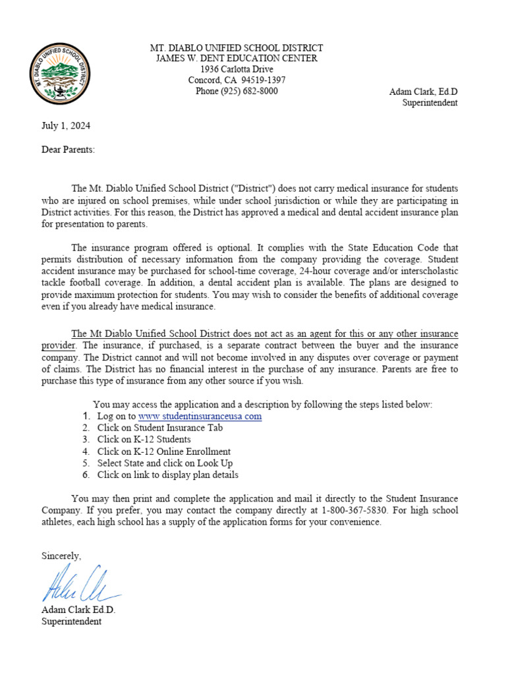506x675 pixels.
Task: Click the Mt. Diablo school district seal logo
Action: pos(61,74)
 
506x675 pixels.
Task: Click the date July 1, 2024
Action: pos(66,125)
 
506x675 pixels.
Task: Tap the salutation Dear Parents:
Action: pos(68,150)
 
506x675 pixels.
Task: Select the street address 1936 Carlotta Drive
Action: pos(237,69)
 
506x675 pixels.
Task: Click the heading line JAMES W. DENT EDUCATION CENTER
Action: pos(237,58)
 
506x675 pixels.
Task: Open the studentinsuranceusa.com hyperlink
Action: pos(200,417)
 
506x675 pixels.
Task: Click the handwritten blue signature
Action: pos(79,582)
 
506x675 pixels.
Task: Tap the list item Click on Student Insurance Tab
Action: pos(160,428)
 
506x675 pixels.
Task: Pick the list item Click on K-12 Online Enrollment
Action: pos(164,452)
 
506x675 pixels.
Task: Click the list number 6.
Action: pos(86,475)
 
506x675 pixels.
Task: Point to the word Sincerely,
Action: pos(61,556)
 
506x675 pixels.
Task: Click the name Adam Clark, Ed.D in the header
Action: pos(423,91)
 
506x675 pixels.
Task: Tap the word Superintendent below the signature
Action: pos(71,622)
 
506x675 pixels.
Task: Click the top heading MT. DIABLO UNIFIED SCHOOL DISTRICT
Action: pos(237,47)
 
